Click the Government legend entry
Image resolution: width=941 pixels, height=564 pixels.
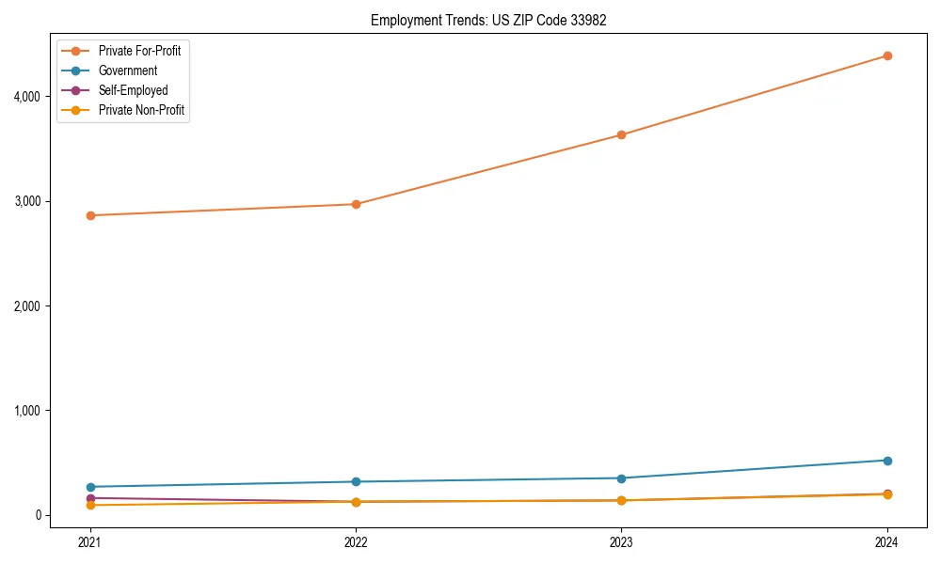point(128,70)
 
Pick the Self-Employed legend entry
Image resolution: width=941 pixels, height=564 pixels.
point(133,91)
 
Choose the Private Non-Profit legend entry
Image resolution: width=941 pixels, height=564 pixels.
point(141,111)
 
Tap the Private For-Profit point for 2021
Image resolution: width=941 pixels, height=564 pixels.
point(90,215)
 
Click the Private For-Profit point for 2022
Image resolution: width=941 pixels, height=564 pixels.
point(356,204)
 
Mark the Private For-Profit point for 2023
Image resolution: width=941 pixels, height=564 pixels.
point(621,134)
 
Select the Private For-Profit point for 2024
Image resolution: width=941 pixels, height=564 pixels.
point(887,55)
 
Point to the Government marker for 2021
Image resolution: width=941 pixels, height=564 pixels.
point(90,487)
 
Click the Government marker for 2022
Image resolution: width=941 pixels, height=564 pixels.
point(356,482)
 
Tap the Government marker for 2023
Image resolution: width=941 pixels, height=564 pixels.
point(621,478)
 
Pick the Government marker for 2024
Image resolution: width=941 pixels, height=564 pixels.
point(887,461)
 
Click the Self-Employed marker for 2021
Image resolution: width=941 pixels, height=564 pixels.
point(90,498)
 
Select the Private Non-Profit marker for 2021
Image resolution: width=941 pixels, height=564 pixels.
point(90,506)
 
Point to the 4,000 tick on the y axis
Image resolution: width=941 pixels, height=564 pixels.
point(26,97)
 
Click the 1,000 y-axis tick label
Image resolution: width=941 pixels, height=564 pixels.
point(26,411)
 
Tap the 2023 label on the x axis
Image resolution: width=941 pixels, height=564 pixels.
point(621,541)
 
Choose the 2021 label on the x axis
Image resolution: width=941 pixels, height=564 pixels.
point(90,541)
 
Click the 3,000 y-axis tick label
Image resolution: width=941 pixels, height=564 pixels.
point(26,201)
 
